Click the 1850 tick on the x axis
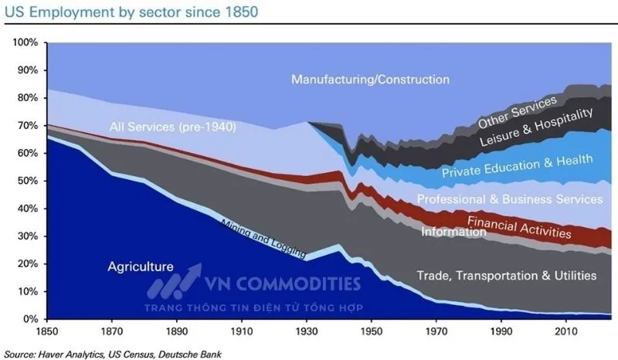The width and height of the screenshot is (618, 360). pyautogui.click(x=48, y=331)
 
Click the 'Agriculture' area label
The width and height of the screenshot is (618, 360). pyautogui.click(x=141, y=267)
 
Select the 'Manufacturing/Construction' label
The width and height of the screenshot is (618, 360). pyautogui.click(x=371, y=80)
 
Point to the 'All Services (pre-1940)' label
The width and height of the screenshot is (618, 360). pyautogui.click(x=172, y=126)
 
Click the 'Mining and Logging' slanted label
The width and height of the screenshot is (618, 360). pyautogui.click(x=263, y=239)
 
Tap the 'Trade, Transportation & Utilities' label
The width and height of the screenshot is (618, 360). pyautogui.click(x=506, y=275)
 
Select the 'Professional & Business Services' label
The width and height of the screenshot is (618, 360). pyautogui.click(x=509, y=199)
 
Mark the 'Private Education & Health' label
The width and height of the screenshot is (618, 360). pyautogui.click(x=517, y=165)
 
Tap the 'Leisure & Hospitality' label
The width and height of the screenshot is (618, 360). pyautogui.click(x=536, y=127)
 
